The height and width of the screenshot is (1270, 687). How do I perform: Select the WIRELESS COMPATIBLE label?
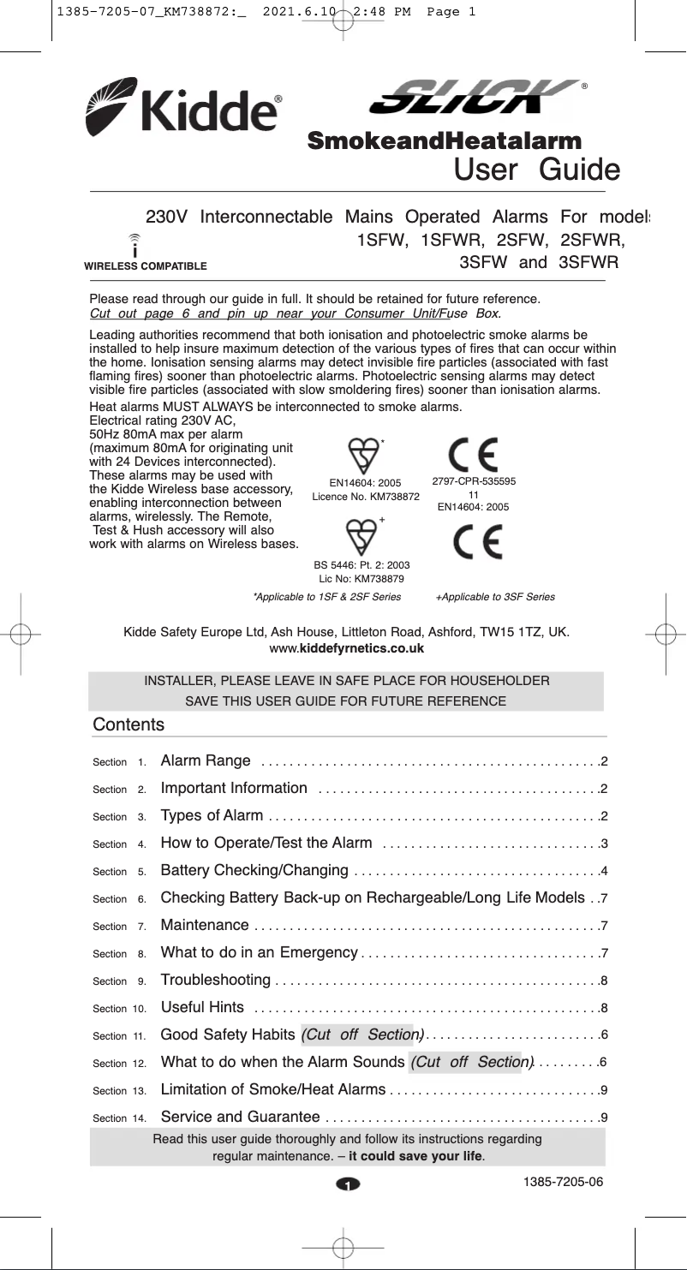click(146, 266)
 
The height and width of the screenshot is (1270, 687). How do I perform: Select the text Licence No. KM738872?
click(366, 497)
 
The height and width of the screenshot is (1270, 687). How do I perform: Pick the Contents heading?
click(128, 724)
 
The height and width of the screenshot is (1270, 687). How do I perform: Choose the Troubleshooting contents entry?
click(216, 980)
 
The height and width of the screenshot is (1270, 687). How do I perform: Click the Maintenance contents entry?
click(206, 925)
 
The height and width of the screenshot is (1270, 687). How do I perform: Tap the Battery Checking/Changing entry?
click(254, 871)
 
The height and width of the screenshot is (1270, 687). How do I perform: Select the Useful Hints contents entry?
click(203, 1007)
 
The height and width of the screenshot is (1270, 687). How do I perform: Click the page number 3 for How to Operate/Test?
click(604, 844)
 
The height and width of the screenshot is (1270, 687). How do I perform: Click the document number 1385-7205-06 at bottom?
click(564, 1183)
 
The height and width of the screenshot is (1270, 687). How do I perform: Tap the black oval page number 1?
click(349, 1185)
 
